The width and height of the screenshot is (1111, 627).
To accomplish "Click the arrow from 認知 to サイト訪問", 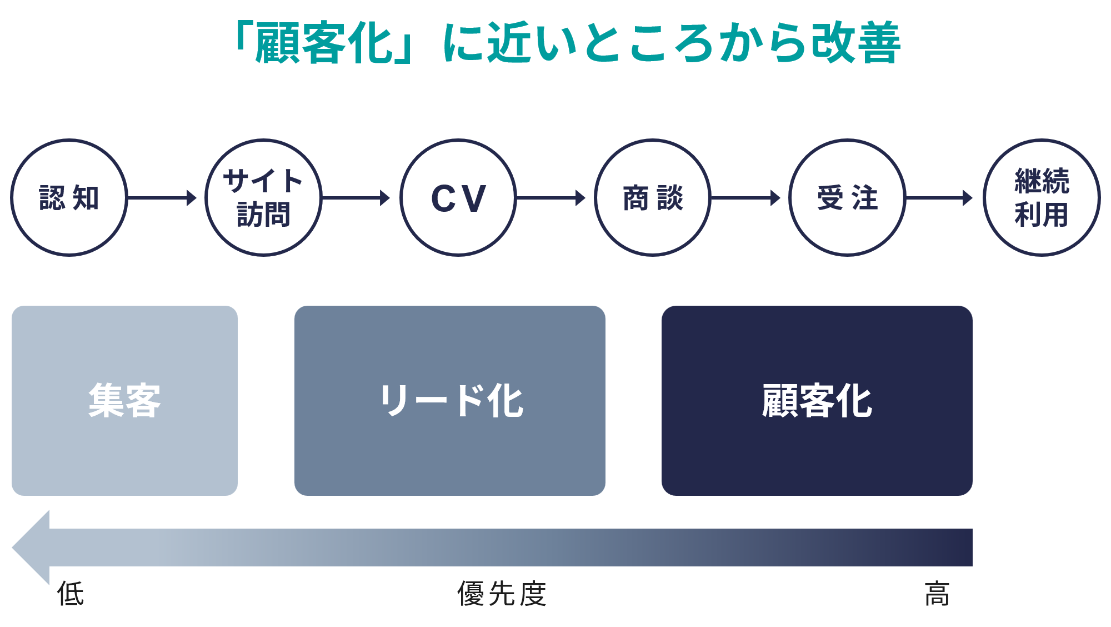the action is point(162,198).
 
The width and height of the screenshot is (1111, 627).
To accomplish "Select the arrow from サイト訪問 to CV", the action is point(356,198).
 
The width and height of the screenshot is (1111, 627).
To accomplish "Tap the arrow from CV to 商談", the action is point(551,198).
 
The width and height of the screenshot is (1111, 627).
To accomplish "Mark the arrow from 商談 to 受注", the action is point(745,198).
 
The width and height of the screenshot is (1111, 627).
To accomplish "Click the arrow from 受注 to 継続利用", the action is point(939,198).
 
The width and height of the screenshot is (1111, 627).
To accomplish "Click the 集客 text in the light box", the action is point(124,400).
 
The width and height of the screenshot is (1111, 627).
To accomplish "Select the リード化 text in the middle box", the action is point(451,400).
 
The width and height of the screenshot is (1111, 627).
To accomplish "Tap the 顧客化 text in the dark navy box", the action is point(817,400).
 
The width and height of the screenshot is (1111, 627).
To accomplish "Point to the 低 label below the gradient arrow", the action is point(71,593).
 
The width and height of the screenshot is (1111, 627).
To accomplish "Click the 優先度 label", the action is point(502,593).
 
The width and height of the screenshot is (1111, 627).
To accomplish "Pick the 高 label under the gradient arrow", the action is point(938,593).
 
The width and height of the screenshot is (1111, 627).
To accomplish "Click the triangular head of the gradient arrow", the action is point(31,548).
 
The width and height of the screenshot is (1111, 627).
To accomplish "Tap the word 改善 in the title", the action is point(855,42).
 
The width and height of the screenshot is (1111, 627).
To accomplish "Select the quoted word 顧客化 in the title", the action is point(324,42).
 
